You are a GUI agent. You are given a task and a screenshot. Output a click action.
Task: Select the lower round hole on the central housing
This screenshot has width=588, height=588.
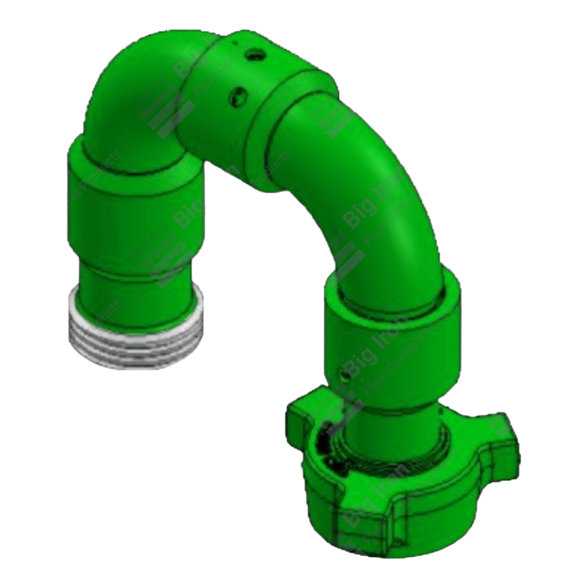[x=237, y=96]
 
